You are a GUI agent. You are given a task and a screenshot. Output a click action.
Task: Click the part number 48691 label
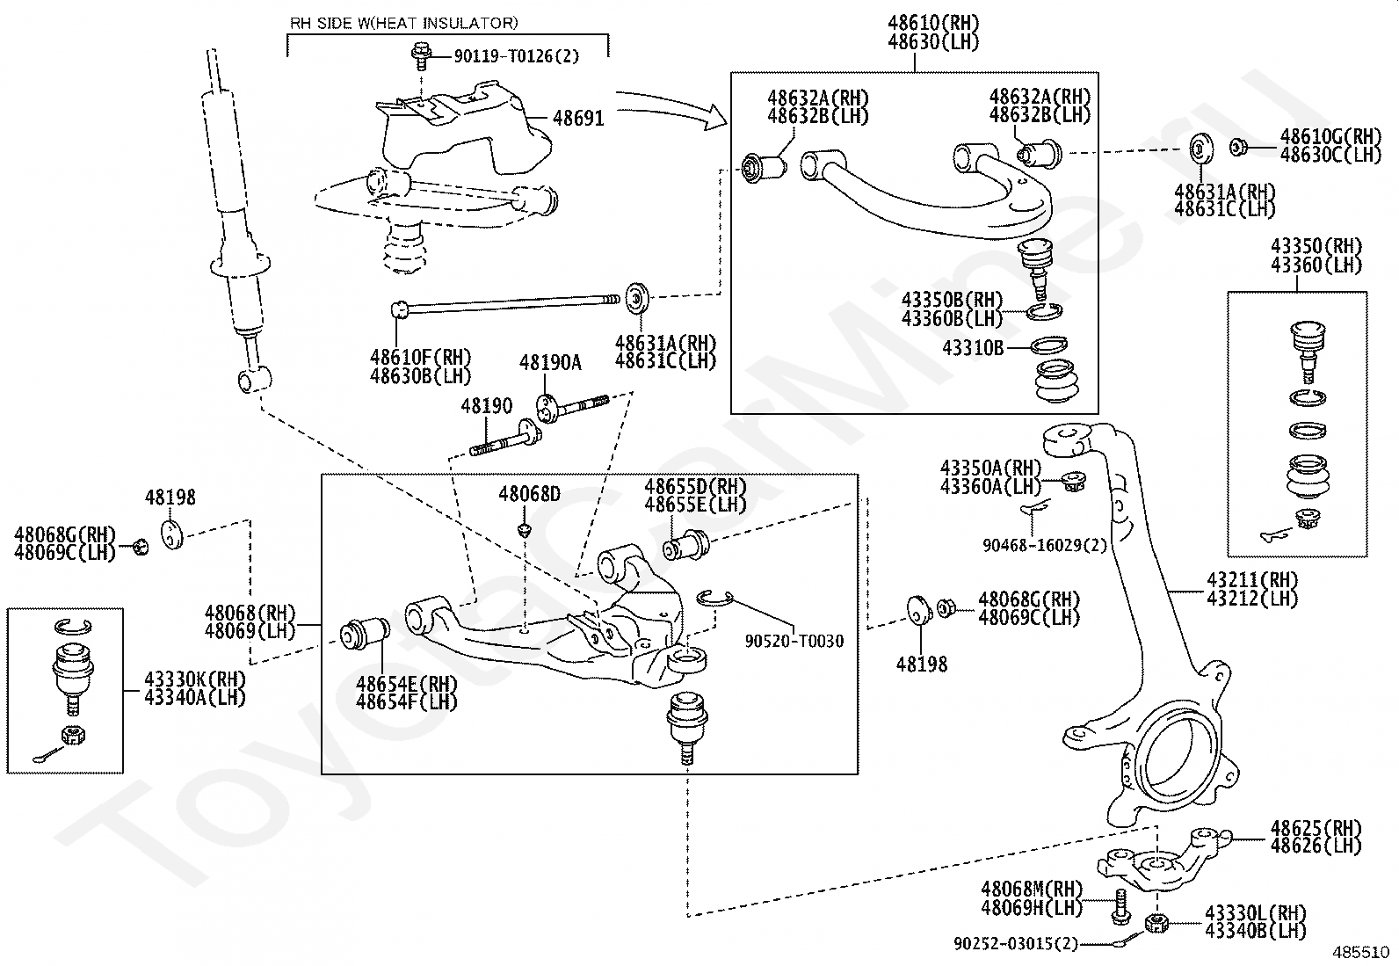click(x=578, y=118)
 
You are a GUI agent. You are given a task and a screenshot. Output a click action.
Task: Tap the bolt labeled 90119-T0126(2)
click(x=422, y=55)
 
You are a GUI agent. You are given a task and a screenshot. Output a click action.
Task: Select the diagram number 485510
click(x=1361, y=952)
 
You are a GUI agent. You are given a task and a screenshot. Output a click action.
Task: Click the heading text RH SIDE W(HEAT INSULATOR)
click(x=403, y=23)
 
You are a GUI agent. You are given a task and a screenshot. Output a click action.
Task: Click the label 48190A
click(x=550, y=362)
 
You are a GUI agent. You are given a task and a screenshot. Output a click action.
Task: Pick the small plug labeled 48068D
click(x=525, y=530)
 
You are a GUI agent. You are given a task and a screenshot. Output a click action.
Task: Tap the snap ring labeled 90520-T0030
click(x=714, y=598)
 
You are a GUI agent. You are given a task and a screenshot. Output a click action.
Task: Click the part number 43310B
click(x=973, y=347)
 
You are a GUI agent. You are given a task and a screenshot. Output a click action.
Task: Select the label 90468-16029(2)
click(x=1044, y=545)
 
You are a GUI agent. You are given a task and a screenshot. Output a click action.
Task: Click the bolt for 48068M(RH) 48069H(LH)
click(x=1120, y=906)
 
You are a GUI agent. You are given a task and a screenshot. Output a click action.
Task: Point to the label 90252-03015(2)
click(x=1016, y=943)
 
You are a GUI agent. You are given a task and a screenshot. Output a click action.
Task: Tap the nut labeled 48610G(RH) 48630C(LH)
click(x=1238, y=148)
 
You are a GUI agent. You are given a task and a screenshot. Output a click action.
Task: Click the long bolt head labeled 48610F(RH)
click(x=399, y=309)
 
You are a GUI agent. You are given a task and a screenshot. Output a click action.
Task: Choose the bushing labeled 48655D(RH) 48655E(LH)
click(x=685, y=544)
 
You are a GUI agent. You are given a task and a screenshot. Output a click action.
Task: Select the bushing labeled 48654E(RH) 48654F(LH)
click(x=365, y=634)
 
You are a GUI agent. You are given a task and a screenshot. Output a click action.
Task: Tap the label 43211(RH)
click(x=1252, y=580)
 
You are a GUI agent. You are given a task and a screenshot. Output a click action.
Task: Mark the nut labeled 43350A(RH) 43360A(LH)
click(x=1074, y=481)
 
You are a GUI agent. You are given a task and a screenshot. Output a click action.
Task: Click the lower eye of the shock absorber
click(x=254, y=379)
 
